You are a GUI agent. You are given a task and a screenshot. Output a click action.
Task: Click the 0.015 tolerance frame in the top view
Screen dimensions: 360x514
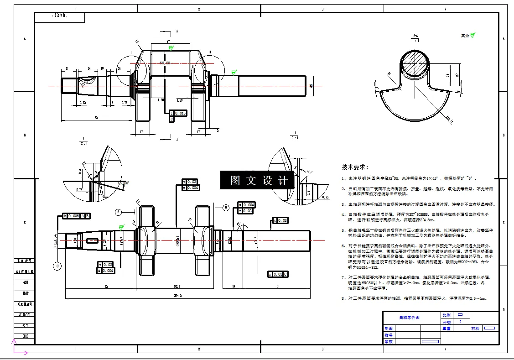(178, 113)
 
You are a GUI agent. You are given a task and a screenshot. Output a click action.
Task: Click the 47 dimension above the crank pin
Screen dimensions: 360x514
(168, 42)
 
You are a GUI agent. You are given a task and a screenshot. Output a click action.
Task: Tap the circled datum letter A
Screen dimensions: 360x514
(119, 212)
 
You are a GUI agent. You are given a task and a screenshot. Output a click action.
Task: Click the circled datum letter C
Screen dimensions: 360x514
(58, 266)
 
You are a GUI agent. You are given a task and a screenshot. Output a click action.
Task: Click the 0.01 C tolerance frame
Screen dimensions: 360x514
(278, 274)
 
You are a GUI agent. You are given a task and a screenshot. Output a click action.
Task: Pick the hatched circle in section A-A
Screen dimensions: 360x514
(415, 64)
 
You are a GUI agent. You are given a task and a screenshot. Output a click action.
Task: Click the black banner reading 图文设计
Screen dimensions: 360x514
(260, 180)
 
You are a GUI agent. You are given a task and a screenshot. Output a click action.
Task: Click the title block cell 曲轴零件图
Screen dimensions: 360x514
(409, 317)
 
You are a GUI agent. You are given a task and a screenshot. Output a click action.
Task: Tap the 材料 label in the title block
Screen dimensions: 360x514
(475, 328)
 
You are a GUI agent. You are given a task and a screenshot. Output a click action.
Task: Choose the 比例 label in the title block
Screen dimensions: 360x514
(446, 315)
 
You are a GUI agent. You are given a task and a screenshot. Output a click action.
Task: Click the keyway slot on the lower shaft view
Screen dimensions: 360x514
(92, 240)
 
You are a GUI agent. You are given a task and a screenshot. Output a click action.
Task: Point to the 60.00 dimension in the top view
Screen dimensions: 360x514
(165, 63)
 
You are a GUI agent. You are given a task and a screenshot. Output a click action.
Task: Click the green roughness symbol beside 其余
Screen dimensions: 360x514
(473, 35)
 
